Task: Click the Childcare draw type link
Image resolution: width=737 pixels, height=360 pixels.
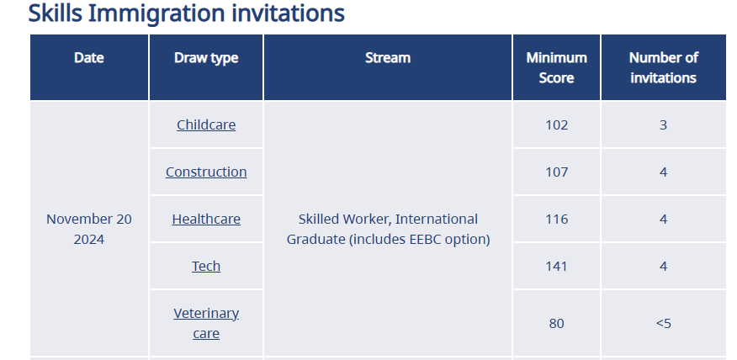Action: pos(206,125)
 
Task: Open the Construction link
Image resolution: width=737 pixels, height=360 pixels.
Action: pos(206,172)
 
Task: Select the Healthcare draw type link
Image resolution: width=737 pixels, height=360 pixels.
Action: pos(206,219)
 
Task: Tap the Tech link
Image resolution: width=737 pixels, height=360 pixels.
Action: pos(206,266)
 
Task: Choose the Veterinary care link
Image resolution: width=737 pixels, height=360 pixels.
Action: pos(206,323)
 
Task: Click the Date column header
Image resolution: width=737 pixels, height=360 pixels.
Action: pos(89,58)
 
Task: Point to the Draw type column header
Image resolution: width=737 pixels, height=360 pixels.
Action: pos(206,58)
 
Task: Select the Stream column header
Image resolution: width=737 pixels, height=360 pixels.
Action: pos(388,58)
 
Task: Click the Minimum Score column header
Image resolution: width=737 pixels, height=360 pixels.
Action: pos(556,67)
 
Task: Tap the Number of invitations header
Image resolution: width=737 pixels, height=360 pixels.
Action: pos(663,67)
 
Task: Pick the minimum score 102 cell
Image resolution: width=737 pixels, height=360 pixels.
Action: pos(556,125)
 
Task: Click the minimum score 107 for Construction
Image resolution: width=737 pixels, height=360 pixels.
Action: pos(556,172)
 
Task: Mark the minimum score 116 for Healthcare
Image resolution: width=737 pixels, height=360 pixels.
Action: pos(556,219)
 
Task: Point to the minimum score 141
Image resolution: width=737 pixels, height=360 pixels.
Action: pos(556,266)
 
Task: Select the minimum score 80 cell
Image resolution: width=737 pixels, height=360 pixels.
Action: pos(556,323)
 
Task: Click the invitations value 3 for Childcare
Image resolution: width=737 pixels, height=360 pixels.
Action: pos(663,125)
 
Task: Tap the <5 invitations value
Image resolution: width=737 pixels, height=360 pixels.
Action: pos(663,323)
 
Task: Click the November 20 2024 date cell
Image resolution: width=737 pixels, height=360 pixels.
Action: pos(89,230)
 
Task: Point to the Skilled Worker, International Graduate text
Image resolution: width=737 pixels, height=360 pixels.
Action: pos(388,230)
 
